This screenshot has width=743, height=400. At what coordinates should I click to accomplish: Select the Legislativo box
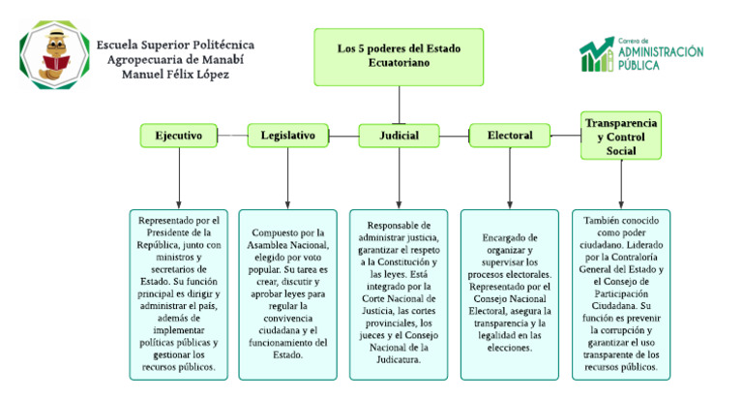tap(288, 136)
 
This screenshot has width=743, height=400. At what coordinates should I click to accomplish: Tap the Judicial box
tap(398, 136)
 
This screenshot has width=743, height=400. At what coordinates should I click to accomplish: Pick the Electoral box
tap(509, 136)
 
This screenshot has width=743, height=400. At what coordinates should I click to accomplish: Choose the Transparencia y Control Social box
tap(620, 136)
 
